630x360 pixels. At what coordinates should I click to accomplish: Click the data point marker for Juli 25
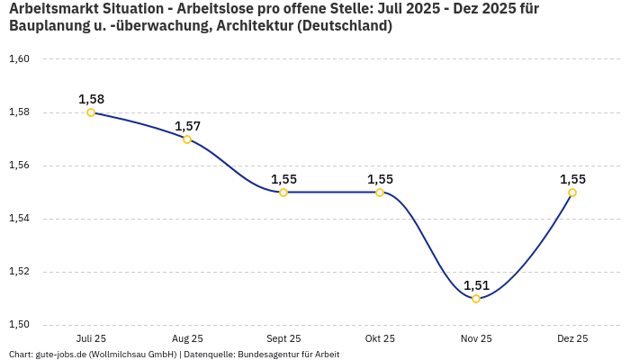point(91,112)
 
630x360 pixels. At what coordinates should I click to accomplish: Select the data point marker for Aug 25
point(187,139)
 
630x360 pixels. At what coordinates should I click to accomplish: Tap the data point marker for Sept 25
point(283,193)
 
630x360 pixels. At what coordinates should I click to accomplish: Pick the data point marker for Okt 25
point(380,193)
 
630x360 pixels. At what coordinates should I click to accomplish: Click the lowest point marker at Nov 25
point(476,299)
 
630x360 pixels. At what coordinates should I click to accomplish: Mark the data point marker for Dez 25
point(572,193)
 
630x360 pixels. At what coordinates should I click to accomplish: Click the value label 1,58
point(91,99)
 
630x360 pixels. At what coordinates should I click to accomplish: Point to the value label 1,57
point(187,126)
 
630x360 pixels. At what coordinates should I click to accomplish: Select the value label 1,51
point(476,285)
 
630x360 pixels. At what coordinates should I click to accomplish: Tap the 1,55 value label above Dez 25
point(572,179)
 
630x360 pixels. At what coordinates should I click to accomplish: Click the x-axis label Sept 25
point(283,339)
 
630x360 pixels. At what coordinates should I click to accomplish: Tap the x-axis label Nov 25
point(476,339)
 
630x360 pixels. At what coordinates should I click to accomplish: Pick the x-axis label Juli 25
point(91,339)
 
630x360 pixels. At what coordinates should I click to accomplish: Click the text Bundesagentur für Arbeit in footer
point(288,355)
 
